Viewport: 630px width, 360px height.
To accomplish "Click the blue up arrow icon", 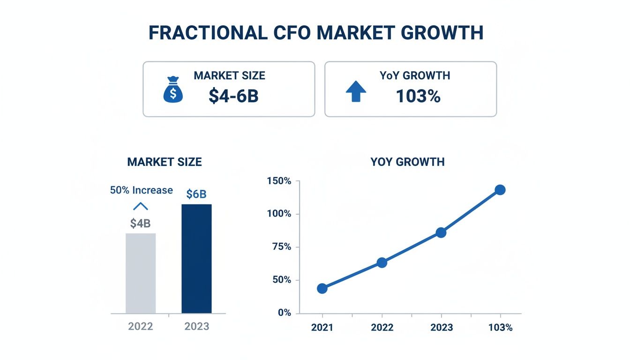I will [356, 91].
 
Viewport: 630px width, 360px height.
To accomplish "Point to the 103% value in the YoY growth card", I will [418, 96].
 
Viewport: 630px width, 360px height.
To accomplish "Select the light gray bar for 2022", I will [141, 273].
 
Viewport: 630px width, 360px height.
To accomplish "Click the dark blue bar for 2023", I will [196, 259].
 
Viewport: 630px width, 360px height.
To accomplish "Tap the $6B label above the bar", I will [196, 194].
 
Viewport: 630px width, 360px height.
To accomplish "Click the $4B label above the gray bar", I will [141, 224].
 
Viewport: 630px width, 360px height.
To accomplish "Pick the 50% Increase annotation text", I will [141, 190].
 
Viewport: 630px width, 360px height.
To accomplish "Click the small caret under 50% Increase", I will [141, 206].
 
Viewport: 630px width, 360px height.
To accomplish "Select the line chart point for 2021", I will [322, 288].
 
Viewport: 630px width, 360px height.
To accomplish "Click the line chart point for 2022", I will [382, 262].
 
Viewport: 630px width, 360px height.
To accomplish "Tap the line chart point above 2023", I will [441, 232].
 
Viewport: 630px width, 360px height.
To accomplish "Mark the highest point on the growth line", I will [500, 190].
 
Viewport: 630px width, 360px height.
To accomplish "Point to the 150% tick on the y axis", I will [279, 181].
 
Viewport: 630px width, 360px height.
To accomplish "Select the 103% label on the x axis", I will [500, 328].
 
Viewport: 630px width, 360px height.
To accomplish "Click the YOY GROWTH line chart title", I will [407, 162].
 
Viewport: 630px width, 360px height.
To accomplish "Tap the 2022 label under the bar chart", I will [141, 326].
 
